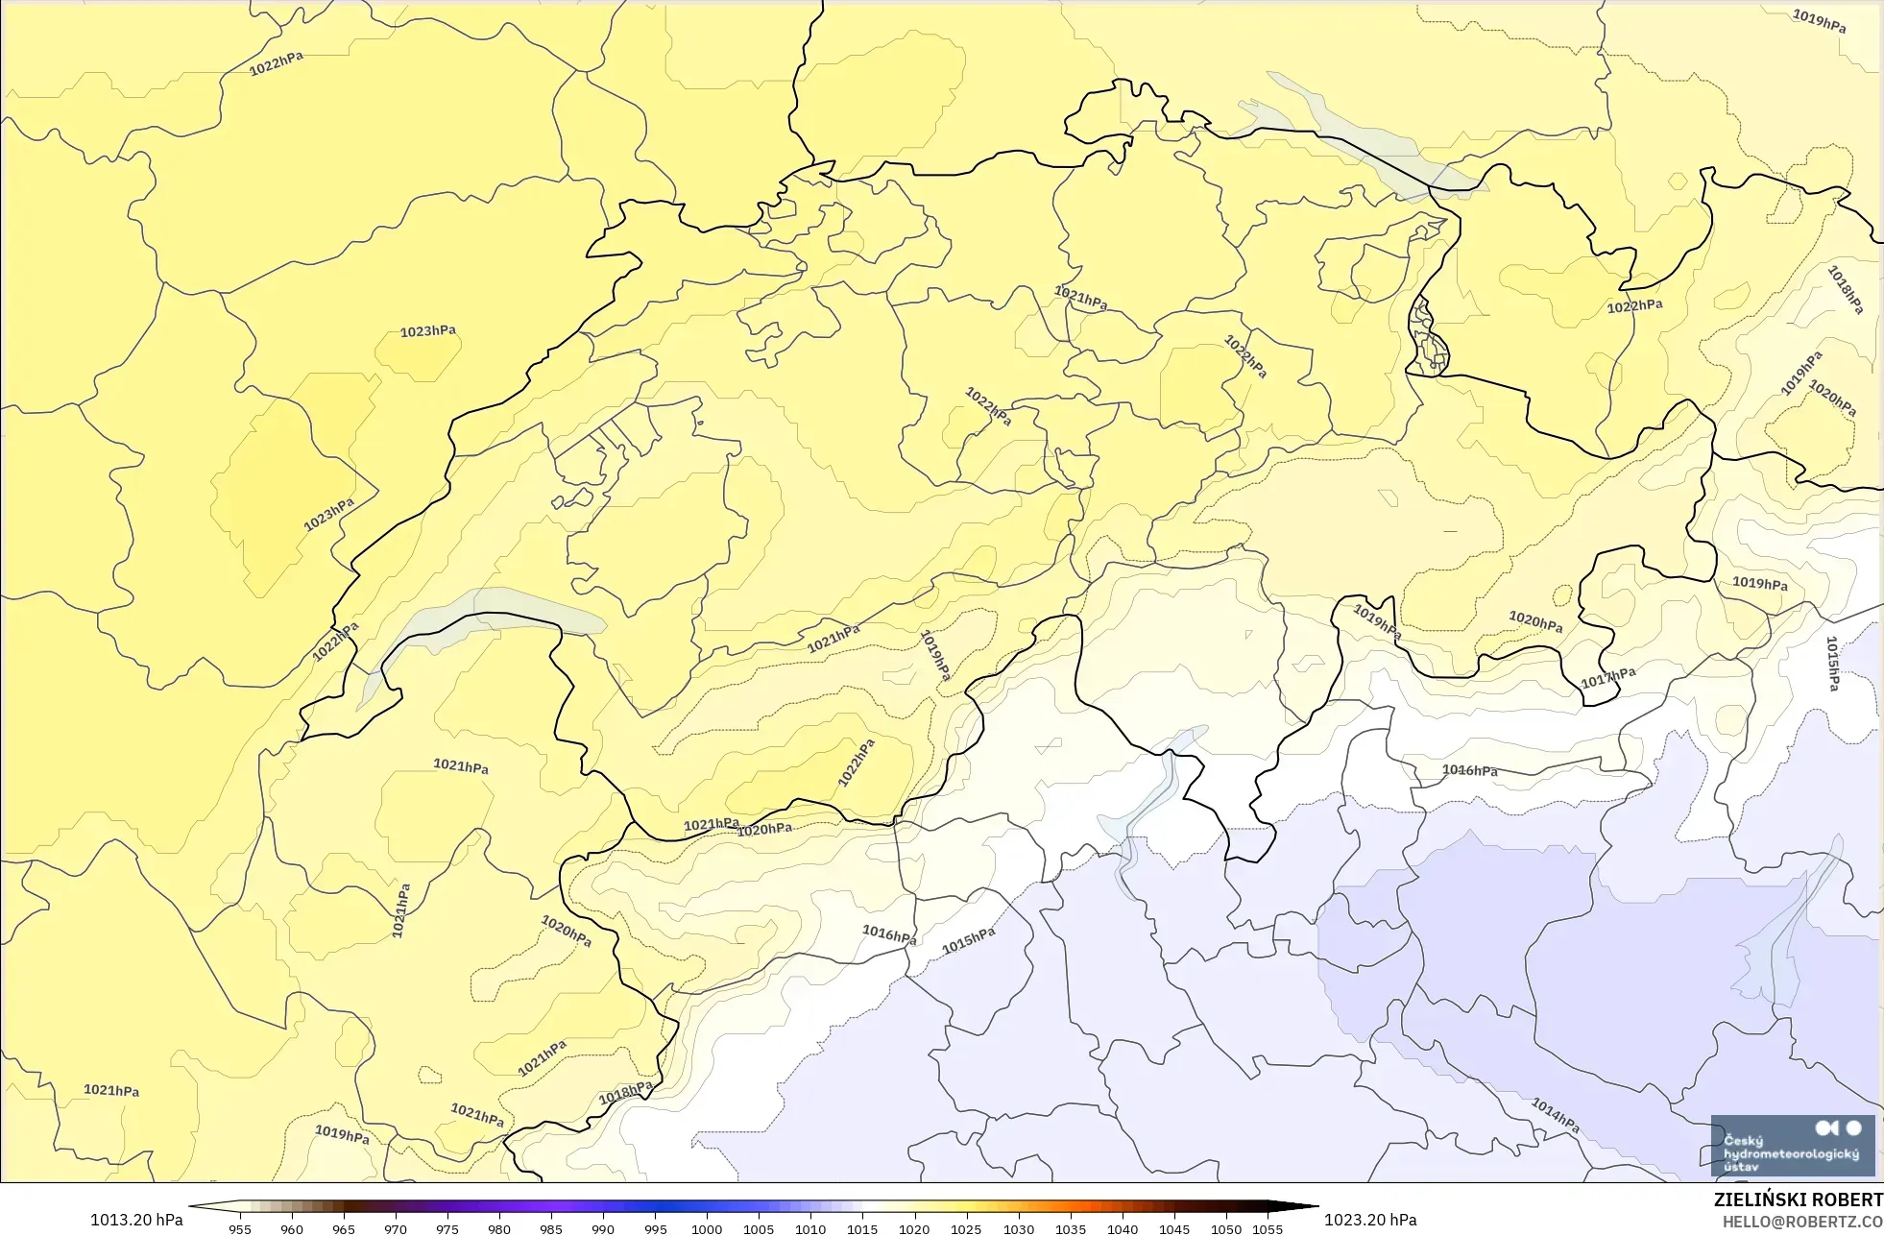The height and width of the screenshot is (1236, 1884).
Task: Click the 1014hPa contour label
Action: coord(1555,1115)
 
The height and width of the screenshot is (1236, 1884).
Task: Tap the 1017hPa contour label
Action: coord(1607,678)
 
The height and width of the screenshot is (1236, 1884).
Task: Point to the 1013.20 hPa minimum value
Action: coord(136,1220)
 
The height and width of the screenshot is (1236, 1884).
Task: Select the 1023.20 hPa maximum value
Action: coord(1370,1220)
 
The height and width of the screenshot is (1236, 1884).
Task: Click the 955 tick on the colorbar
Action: coord(240,1228)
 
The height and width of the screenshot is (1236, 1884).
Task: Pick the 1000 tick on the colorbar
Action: coord(707,1228)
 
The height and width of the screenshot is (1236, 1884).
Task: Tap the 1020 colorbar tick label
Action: coord(914,1228)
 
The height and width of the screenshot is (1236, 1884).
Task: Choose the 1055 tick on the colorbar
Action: coord(1268,1228)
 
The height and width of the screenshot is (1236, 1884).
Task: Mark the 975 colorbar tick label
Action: coord(447,1228)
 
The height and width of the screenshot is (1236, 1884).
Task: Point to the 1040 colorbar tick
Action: coord(1123,1228)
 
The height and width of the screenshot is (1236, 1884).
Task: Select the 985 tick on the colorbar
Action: coord(551,1228)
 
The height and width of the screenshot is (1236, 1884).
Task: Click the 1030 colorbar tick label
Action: coord(1019,1228)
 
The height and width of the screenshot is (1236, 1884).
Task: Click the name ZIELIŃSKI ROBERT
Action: coord(1798,1200)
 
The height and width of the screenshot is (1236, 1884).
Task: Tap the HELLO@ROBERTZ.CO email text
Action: coord(1801,1222)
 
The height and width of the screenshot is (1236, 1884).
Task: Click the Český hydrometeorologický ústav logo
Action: coord(1792,1146)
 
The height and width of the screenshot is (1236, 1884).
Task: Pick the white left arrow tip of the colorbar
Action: coord(195,1207)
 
